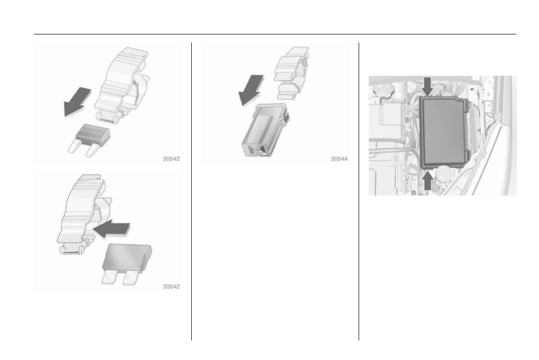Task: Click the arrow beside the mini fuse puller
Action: pyautogui.click(x=77, y=102)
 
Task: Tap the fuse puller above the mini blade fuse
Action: pyautogui.click(x=122, y=85)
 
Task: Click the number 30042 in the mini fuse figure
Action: pyautogui.click(x=171, y=159)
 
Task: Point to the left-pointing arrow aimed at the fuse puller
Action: pyautogui.click(x=112, y=228)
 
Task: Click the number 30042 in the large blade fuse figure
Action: pyautogui.click(x=171, y=287)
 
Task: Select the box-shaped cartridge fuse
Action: pyautogui.click(x=265, y=130)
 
